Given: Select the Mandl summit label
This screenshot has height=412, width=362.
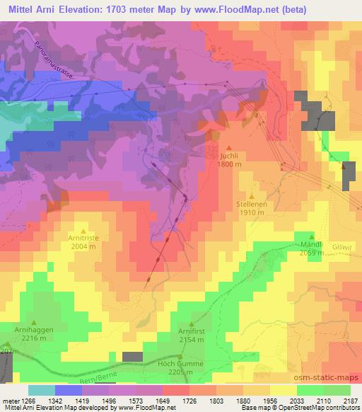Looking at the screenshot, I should click(311, 244).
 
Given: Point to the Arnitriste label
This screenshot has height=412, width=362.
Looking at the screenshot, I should click(84, 239).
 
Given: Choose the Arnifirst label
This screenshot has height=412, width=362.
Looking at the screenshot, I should click(191, 330).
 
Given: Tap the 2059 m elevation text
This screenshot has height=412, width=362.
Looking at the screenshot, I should click(311, 253).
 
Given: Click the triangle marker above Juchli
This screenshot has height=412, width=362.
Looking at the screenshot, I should click(228, 148).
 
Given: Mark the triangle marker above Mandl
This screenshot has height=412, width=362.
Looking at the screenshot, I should click(311, 236).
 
